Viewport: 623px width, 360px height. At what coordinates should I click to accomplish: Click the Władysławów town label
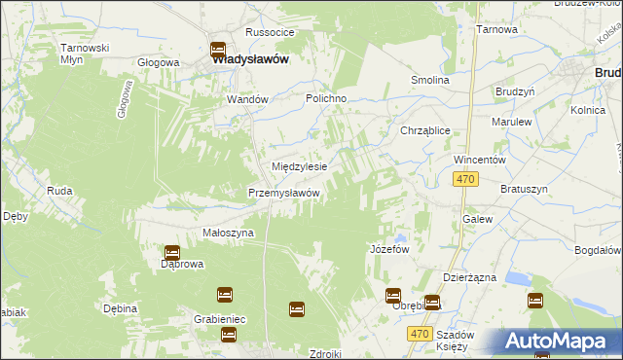coord(250,58)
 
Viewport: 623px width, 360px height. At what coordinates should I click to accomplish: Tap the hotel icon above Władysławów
coord(217,49)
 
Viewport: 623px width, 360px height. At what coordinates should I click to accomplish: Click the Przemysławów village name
coord(284,193)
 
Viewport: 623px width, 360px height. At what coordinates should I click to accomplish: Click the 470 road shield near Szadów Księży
coord(419,334)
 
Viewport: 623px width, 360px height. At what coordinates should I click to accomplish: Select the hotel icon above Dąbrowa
coord(171,252)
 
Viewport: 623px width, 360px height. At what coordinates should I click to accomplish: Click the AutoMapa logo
coord(560,341)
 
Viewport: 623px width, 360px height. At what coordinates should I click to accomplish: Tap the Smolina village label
coord(429,80)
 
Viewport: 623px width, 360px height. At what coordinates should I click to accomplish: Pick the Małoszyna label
coord(228,234)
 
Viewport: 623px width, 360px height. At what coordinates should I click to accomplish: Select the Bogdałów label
coord(598,250)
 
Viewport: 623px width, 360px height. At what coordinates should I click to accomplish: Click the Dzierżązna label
coord(469,277)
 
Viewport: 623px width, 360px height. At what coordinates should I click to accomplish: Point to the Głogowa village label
coord(159,62)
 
